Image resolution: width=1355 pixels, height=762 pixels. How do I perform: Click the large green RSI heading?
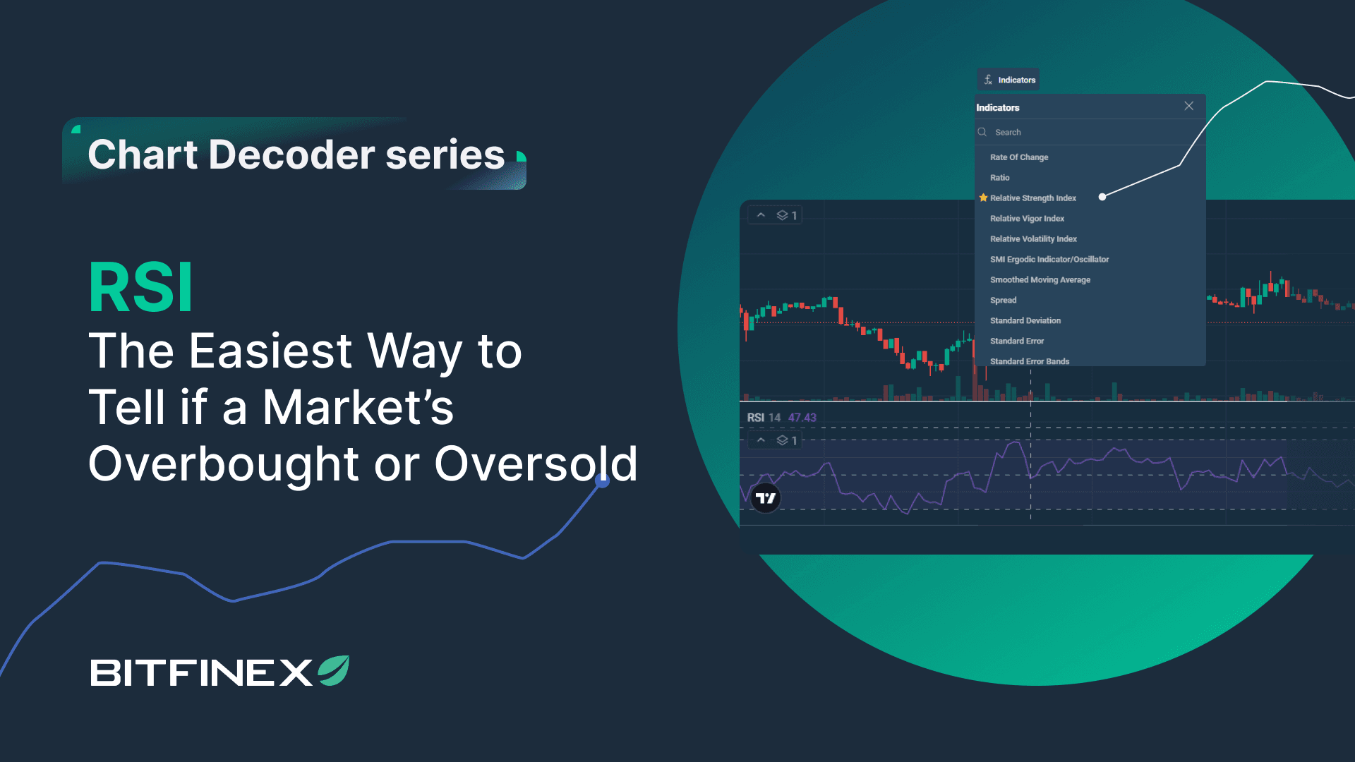click(140, 288)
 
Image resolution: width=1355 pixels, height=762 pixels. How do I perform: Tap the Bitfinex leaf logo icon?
click(334, 671)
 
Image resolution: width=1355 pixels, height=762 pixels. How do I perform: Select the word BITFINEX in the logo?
click(201, 672)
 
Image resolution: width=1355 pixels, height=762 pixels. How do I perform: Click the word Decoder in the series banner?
click(291, 155)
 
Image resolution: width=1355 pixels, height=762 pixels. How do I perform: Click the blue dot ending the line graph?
click(602, 481)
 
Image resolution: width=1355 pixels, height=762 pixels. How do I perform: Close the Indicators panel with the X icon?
click(1189, 106)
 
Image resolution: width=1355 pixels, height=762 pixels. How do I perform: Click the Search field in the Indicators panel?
click(1087, 133)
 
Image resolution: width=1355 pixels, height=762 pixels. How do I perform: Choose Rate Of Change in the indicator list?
click(1019, 157)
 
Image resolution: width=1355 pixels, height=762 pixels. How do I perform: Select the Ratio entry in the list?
click(1000, 178)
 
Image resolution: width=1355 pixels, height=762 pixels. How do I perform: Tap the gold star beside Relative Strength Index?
click(983, 198)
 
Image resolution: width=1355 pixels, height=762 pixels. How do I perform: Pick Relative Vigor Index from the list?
click(1027, 219)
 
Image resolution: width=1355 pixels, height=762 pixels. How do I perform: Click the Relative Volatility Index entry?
click(1033, 239)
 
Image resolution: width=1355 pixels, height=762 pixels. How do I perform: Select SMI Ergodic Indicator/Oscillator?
click(1049, 260)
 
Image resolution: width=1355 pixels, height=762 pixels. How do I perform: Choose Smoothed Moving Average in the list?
click(1040, 280)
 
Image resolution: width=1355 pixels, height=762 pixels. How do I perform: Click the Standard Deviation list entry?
click(1025, 321)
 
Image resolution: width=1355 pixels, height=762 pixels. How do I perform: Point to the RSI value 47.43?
click(802, 418)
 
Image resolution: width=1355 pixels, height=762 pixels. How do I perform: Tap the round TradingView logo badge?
click(766, 498)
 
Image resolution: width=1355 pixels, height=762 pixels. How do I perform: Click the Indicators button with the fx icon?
click(1008, 80)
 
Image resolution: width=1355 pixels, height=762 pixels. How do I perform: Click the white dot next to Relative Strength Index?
click(1102, 197)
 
